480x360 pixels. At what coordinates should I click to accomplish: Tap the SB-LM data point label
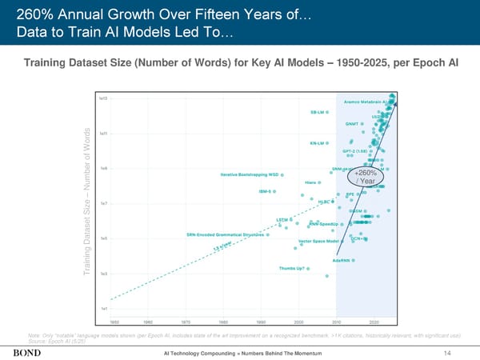click(x=318, y=111)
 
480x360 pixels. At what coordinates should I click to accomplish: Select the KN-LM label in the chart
click(x=317, y=143)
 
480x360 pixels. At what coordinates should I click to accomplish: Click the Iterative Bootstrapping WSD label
click(x=249, y=174)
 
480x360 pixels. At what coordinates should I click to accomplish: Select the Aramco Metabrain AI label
click(x=365, y=102)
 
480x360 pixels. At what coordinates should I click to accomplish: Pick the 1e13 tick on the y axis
click(x=103, y=98)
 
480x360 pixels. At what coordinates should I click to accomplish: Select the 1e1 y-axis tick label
click(x=104, y=309)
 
